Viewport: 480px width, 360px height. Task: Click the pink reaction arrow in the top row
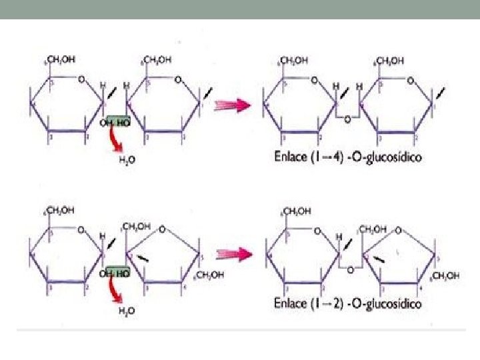[x=234, y=104]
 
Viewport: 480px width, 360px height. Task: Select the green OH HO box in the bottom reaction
[x=115, y=272]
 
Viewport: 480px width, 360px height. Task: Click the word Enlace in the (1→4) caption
[x=293, y=158]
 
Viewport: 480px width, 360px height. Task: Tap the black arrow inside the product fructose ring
[x=379, y=258]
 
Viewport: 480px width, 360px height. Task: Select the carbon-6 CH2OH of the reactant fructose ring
[x=209, y=274]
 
